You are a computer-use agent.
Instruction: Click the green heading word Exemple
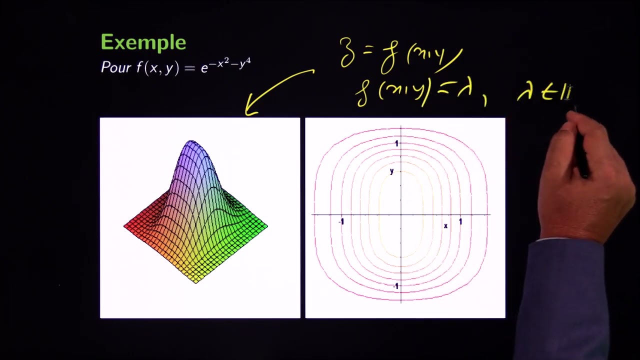(x=143, y=43)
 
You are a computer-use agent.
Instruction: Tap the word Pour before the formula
(x=116, y=67)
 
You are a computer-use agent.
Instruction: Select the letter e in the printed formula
(x=204, y=68)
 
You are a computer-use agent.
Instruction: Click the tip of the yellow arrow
(x=247, y=113)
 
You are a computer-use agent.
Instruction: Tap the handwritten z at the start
(x=346, y=52)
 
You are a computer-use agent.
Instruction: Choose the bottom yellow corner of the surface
(x=196, y=281)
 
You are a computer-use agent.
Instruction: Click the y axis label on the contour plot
(x=391, y=171)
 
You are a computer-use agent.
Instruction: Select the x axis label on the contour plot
(x=445, y=226)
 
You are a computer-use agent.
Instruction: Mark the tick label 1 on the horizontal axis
(x=460, y=221)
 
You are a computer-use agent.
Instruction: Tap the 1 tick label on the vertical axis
(x=396, y=143)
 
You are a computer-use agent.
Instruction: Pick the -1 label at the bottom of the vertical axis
(x=395, y=286)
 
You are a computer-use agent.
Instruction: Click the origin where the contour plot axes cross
(x=401, y=215)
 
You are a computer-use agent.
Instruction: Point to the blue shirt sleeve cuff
(x=565, y=250)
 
